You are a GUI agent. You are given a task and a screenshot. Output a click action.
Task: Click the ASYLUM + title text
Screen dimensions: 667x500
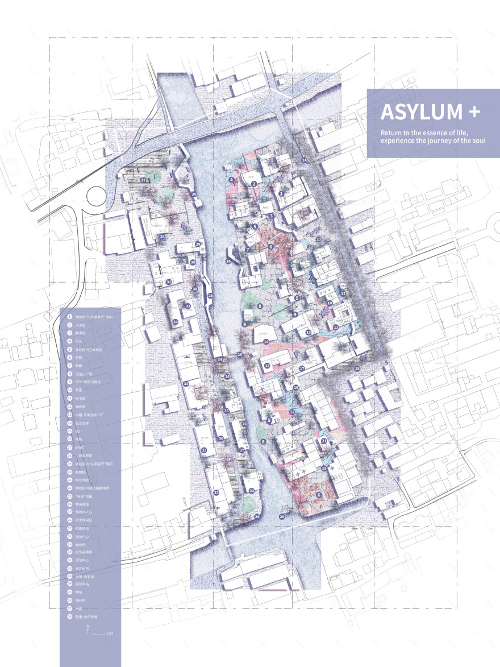coord(430,112)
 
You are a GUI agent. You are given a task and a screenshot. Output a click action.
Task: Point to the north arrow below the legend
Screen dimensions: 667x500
coord(89,629)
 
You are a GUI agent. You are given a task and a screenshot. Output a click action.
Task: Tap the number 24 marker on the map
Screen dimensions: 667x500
coord(304,160)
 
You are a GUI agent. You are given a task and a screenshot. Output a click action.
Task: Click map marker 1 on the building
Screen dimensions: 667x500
coord(281,194)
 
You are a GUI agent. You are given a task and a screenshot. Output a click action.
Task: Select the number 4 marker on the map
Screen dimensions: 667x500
coord(232,180)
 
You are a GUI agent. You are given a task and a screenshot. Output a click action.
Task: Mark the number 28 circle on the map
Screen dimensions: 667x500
coord(163,237)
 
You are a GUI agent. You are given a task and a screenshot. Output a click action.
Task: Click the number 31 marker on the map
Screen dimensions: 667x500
coord(169,282)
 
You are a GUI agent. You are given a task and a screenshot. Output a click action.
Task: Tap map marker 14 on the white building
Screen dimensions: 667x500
coord(265,342)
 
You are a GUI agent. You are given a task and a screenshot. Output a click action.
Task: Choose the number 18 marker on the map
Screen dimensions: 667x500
coord(357,369)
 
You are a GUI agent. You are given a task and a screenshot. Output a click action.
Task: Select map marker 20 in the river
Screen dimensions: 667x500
coord(282,516)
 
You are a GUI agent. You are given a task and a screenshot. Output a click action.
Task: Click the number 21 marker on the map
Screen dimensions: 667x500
coord(323,441)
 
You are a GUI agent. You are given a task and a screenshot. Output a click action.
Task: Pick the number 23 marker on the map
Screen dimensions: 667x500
coord(318,239)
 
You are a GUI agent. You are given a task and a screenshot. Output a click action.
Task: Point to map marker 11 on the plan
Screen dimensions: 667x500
coord(336,328)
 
